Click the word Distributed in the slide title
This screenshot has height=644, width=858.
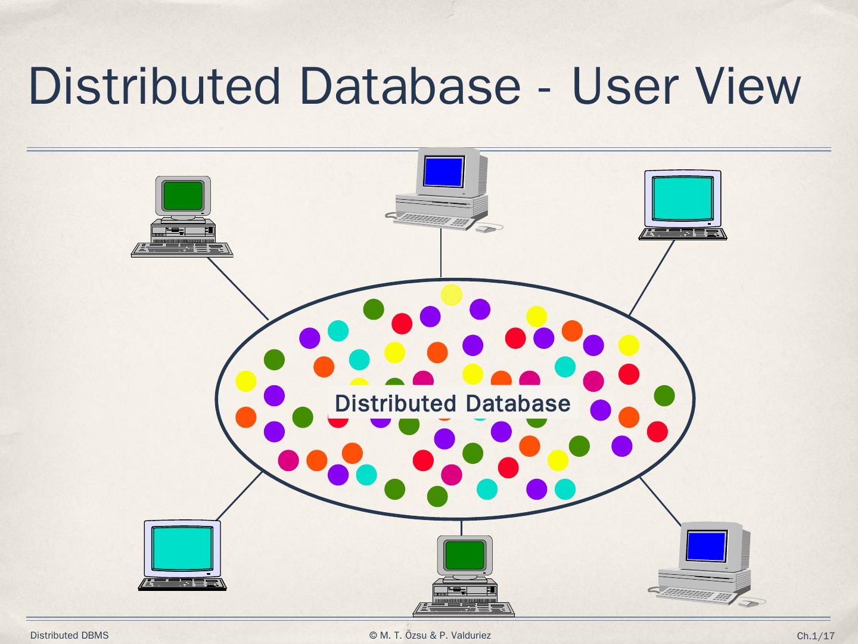[154, 86]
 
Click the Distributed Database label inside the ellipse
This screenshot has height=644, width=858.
[452, 404]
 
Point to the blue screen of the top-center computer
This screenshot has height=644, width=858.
[443, 172]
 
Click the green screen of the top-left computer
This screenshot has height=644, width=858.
[183, 195]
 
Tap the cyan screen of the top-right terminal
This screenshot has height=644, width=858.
[683, 198]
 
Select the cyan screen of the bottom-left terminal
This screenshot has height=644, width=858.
[182, 547]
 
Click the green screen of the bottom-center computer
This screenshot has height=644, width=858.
[465, 555]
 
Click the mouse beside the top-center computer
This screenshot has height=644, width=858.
[486, 228]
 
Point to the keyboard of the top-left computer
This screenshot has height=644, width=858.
[182, 249]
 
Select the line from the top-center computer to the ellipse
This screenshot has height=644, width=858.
[441, 253]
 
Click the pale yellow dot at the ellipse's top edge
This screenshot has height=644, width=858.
[452, 295]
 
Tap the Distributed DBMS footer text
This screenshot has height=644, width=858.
[69, 636]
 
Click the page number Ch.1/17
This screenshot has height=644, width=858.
[816, 636]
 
